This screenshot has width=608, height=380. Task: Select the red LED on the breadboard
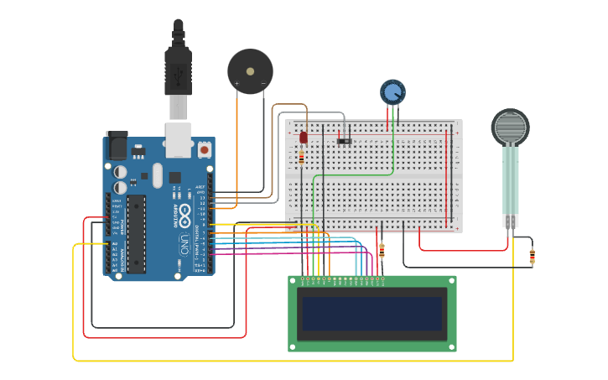(304, 137)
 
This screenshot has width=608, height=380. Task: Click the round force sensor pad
(510, 128)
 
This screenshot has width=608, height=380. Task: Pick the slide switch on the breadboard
(345, 140)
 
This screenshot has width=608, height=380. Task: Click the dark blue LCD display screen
(372, 313)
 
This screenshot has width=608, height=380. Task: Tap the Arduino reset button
(205, 150)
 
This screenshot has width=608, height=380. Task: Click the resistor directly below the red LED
(301, 158)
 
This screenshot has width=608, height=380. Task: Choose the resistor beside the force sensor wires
(532, 257)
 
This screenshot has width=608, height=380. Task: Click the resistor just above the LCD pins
(382, 251)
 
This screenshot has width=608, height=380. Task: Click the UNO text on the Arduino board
(184, 244)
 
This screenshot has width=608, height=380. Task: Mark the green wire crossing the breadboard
(352, 175)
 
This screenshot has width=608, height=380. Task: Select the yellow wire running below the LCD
(294, 360)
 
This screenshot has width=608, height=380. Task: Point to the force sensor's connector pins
(511, 221)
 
